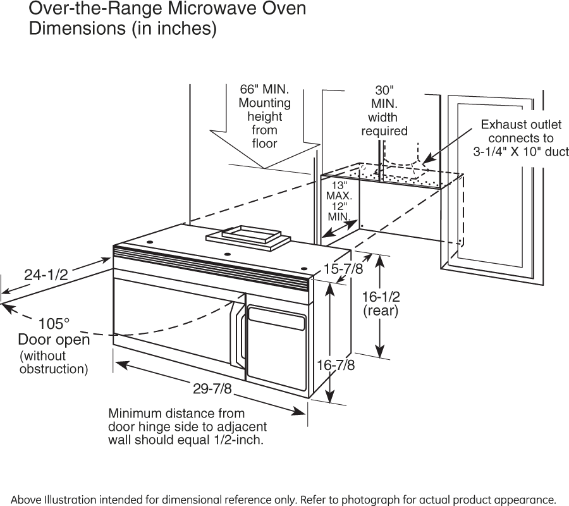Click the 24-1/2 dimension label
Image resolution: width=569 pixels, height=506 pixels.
(x=46, y=274)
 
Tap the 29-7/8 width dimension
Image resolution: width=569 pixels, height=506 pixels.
(x=212, y=388)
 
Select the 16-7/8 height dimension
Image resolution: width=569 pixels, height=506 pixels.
(x=336, y=365)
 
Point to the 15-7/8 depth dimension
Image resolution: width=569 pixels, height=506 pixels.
(x=343, y=269)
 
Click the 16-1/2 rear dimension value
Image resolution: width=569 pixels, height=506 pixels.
(x=381, y=296)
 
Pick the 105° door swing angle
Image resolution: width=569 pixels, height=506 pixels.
(x=54, y=324)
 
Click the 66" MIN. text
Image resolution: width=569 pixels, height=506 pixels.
(x=264, y=89)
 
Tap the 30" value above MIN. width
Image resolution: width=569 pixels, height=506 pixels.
(x=384, y=90)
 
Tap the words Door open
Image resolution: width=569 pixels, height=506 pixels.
(x=54, y=340)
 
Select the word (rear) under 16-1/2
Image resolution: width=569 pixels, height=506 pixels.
(x=381, y=311)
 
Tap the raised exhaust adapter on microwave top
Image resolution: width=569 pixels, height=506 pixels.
(x=248, y=235)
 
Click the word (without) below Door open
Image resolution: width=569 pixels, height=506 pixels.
(x=43, y=356)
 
